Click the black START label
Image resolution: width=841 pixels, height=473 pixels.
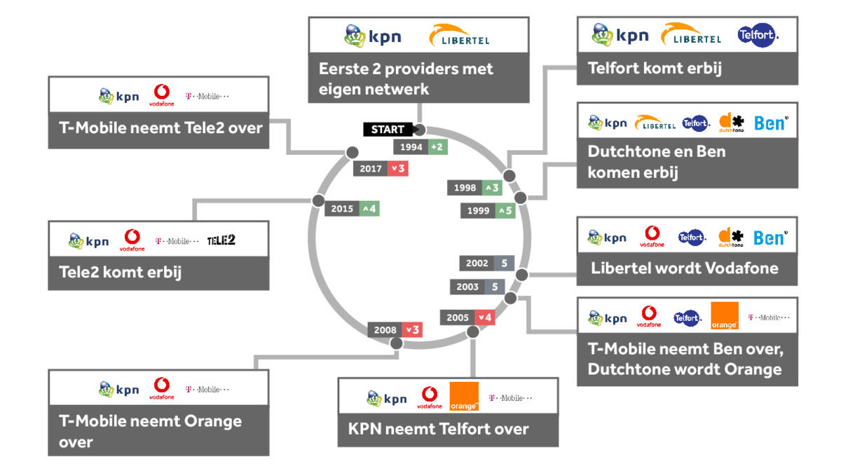387,130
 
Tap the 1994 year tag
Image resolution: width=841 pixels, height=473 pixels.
411,146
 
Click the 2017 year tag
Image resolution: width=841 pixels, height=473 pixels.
371,168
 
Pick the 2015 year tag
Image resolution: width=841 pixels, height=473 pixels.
342,209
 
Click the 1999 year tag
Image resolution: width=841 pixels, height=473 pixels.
478,210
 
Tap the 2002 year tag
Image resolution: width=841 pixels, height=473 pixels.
477,263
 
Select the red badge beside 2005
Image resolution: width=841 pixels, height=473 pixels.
485,317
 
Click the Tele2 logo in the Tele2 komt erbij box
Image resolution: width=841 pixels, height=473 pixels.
221,240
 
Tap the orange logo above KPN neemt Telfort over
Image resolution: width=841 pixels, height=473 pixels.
463,397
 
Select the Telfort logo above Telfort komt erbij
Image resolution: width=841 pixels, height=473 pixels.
758,35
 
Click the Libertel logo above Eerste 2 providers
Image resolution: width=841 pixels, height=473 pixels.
460,36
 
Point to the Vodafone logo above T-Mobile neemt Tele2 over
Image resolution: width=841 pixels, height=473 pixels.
162,95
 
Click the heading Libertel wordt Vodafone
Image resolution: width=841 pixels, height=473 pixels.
684,268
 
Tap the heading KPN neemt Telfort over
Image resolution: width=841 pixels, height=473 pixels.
438,429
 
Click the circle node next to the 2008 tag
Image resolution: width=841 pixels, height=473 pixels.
396,343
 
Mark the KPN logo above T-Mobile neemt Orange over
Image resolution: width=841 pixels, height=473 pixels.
119,390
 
